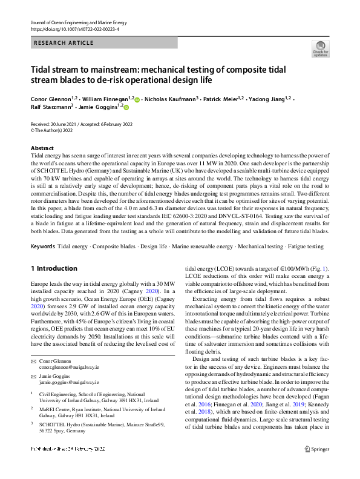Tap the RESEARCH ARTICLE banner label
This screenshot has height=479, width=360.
point(64,43)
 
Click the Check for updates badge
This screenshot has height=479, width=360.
point(320,49)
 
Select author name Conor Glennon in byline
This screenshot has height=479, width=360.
point(51,99)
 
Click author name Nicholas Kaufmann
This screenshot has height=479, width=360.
point(169,99)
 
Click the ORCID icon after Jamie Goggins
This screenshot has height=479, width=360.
point(126,107)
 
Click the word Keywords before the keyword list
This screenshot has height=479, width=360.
point(42,246)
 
